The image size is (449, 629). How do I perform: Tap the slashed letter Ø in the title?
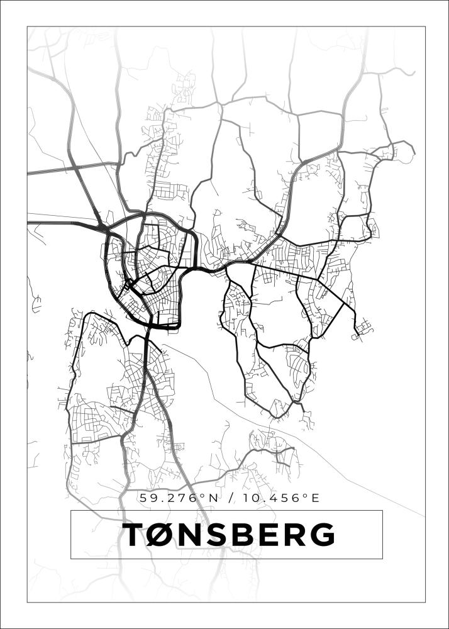tap(160, 535)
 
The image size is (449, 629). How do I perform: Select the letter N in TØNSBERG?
tap(190, 535)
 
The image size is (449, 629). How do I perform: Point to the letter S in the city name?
tap(217, 535)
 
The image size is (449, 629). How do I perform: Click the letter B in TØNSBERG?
tap(242, 535)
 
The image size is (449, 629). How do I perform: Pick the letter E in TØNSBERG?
tap(267, 535)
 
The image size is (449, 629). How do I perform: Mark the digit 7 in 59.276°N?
tap(179, 498)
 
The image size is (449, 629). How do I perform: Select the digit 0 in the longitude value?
tap(261, 498)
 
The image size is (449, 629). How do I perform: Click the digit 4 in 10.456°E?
tap(276, 498)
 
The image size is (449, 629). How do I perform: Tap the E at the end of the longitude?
tap(315, 498)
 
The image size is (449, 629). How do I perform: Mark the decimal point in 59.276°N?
tap(161, 501)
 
